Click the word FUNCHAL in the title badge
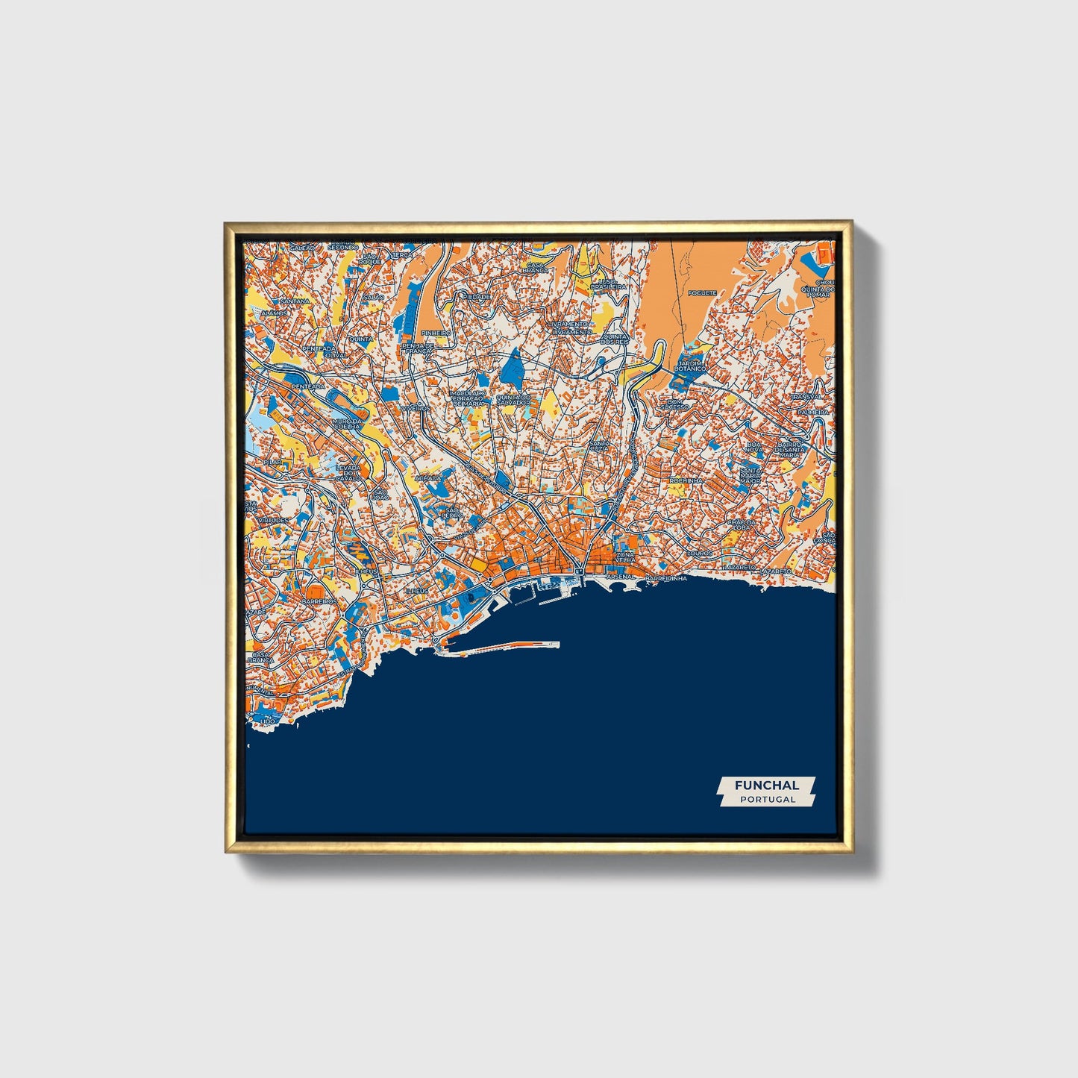click(x=766, y=785)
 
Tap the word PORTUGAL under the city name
click(x=767, y=799)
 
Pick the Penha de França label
click(x=418, y=348)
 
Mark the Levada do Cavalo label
click(x=348, y=471)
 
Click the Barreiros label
click(x=319, y=601)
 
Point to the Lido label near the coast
click(x=268, y=721)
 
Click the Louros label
click(x=699, y=554)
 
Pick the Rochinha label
click(x=686, y=481)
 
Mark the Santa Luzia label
click(x=600, y=447)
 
